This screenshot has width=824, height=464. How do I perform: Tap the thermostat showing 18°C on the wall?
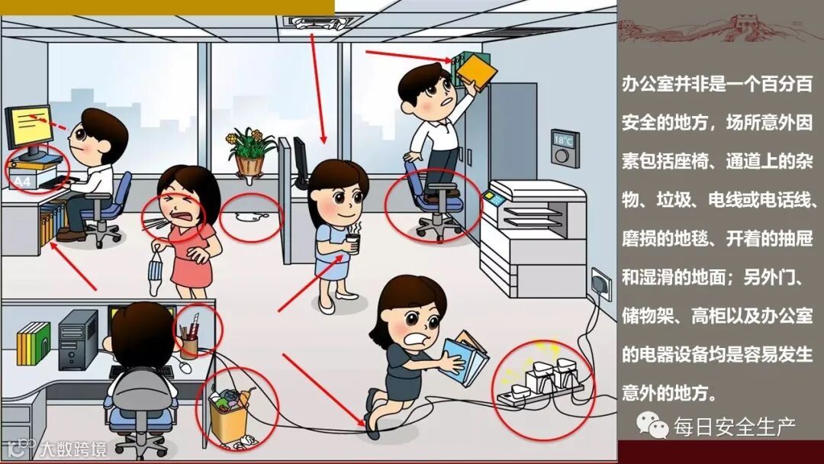(x=565, y=147)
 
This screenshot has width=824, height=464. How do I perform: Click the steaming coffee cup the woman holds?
(x=352, y=243)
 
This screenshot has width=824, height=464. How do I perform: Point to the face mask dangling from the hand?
(x=155, y=274)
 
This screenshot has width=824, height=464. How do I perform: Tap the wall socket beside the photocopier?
(x=601, y=284)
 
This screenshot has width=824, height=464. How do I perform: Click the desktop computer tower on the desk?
(x=79, y=340)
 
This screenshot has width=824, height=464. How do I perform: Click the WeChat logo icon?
(x=649, y=424)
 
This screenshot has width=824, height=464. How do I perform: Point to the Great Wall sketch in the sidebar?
(x=720, y=30)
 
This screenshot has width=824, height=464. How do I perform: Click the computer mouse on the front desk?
(x=185, y=367)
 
